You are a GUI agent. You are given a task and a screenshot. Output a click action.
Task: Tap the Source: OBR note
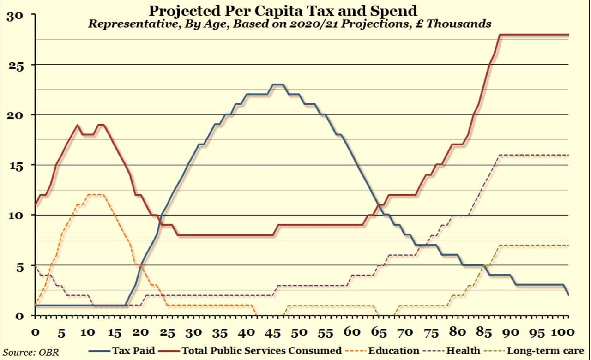click(x=30, y=353)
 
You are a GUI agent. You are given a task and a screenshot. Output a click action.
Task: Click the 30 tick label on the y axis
click(x=17, y=15)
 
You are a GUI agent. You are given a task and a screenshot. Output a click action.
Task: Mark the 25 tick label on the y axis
click(x=17, y=66)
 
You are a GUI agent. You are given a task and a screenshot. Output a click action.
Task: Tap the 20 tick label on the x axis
click(x=142, y=332)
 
